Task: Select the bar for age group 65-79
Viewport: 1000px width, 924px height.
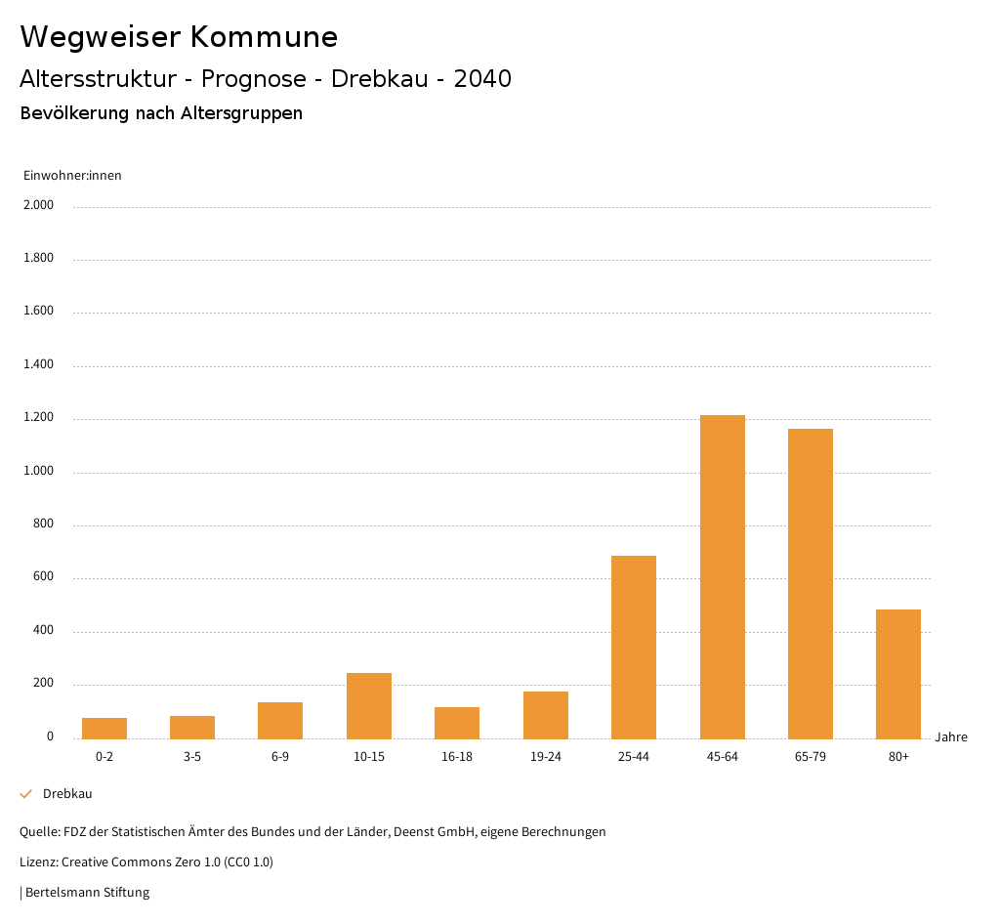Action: (810, 583)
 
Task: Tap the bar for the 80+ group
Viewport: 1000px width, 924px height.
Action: (898, 674)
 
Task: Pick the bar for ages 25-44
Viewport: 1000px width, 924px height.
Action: (634, 647)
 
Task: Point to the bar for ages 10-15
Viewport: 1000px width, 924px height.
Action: (369, 705)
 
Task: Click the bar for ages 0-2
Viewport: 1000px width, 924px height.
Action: (104, 728)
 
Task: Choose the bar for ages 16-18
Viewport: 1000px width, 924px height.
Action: (457, 722)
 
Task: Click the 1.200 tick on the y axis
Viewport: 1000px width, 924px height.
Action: (40, 418)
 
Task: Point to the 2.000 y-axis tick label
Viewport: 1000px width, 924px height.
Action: (40, 205)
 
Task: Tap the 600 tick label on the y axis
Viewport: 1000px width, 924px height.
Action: (44, 577)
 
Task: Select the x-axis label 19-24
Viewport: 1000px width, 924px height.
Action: (545, 757)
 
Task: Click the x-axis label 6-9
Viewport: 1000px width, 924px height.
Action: (280, 757)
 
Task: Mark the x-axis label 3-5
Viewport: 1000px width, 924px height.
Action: (192, 757)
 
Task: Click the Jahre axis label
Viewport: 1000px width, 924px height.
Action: (950, 737)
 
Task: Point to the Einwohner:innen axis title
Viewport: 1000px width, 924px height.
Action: (72, 176)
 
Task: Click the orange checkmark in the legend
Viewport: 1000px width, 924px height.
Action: (26, 794)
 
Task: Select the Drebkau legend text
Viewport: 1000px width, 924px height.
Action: (67, 794)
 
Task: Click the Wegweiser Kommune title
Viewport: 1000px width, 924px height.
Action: (179, 37)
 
